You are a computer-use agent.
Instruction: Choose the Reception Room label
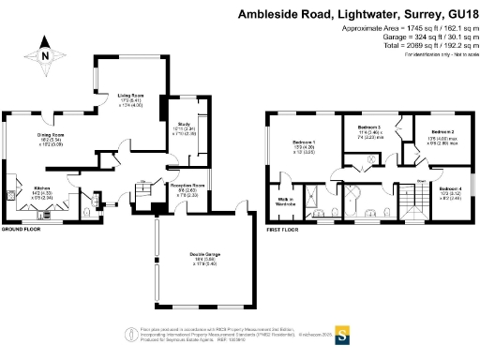pos(187,186)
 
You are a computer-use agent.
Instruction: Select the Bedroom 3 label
pos(372,127)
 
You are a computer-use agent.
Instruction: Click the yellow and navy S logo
pos(343,333)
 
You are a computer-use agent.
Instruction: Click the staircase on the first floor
pos(409,199)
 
